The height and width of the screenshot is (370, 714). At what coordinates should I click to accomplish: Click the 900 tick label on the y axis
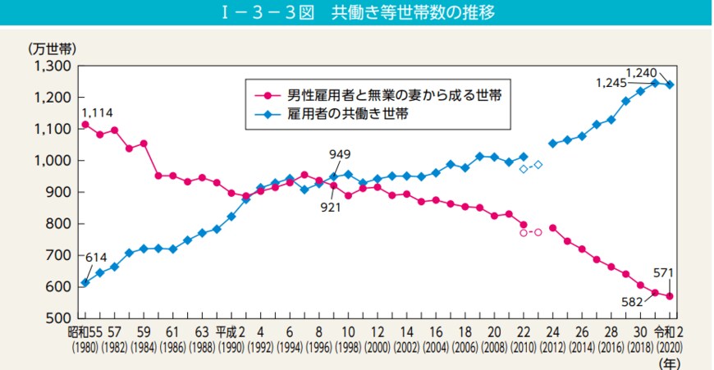[x=59, y=192]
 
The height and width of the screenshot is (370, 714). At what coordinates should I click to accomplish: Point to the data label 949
[x=340, y=154]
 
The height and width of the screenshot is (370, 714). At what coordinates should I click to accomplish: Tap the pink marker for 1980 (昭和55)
[x=85, y=125]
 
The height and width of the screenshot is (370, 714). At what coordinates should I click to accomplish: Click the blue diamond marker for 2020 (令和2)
[x=671, y=85]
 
